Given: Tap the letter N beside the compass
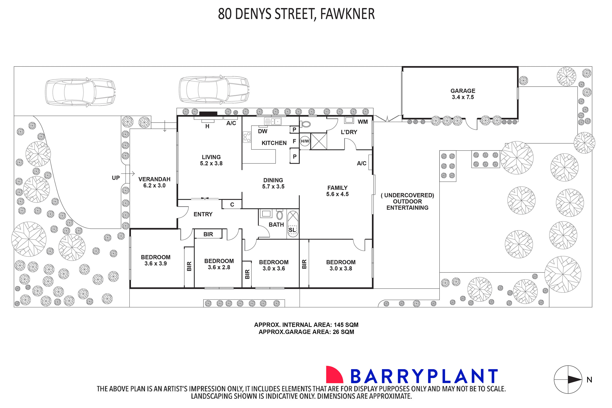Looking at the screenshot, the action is (589, 380).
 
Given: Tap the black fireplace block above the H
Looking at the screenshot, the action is (208, 114).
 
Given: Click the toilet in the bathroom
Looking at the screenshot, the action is (280, 215).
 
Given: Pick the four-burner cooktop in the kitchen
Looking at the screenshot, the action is (247, 137).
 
